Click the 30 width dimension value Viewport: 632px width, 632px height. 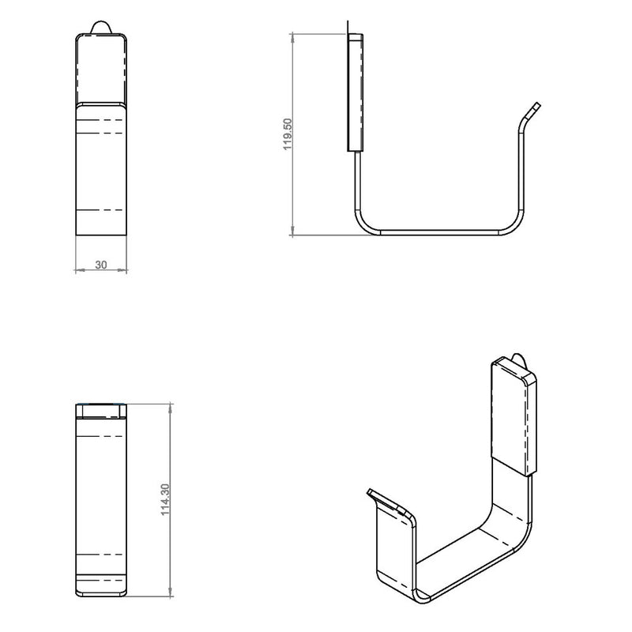pyautogui.click(x=101, y=265)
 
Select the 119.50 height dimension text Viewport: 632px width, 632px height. pyautogui.click(x=288, y=134)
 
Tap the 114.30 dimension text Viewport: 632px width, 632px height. pyautogui.click(x=165, y=499)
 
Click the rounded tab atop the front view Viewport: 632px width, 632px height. pyautogui.click(x=101, y=28)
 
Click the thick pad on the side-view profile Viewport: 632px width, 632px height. pyautogui.click(x=355, y=92)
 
